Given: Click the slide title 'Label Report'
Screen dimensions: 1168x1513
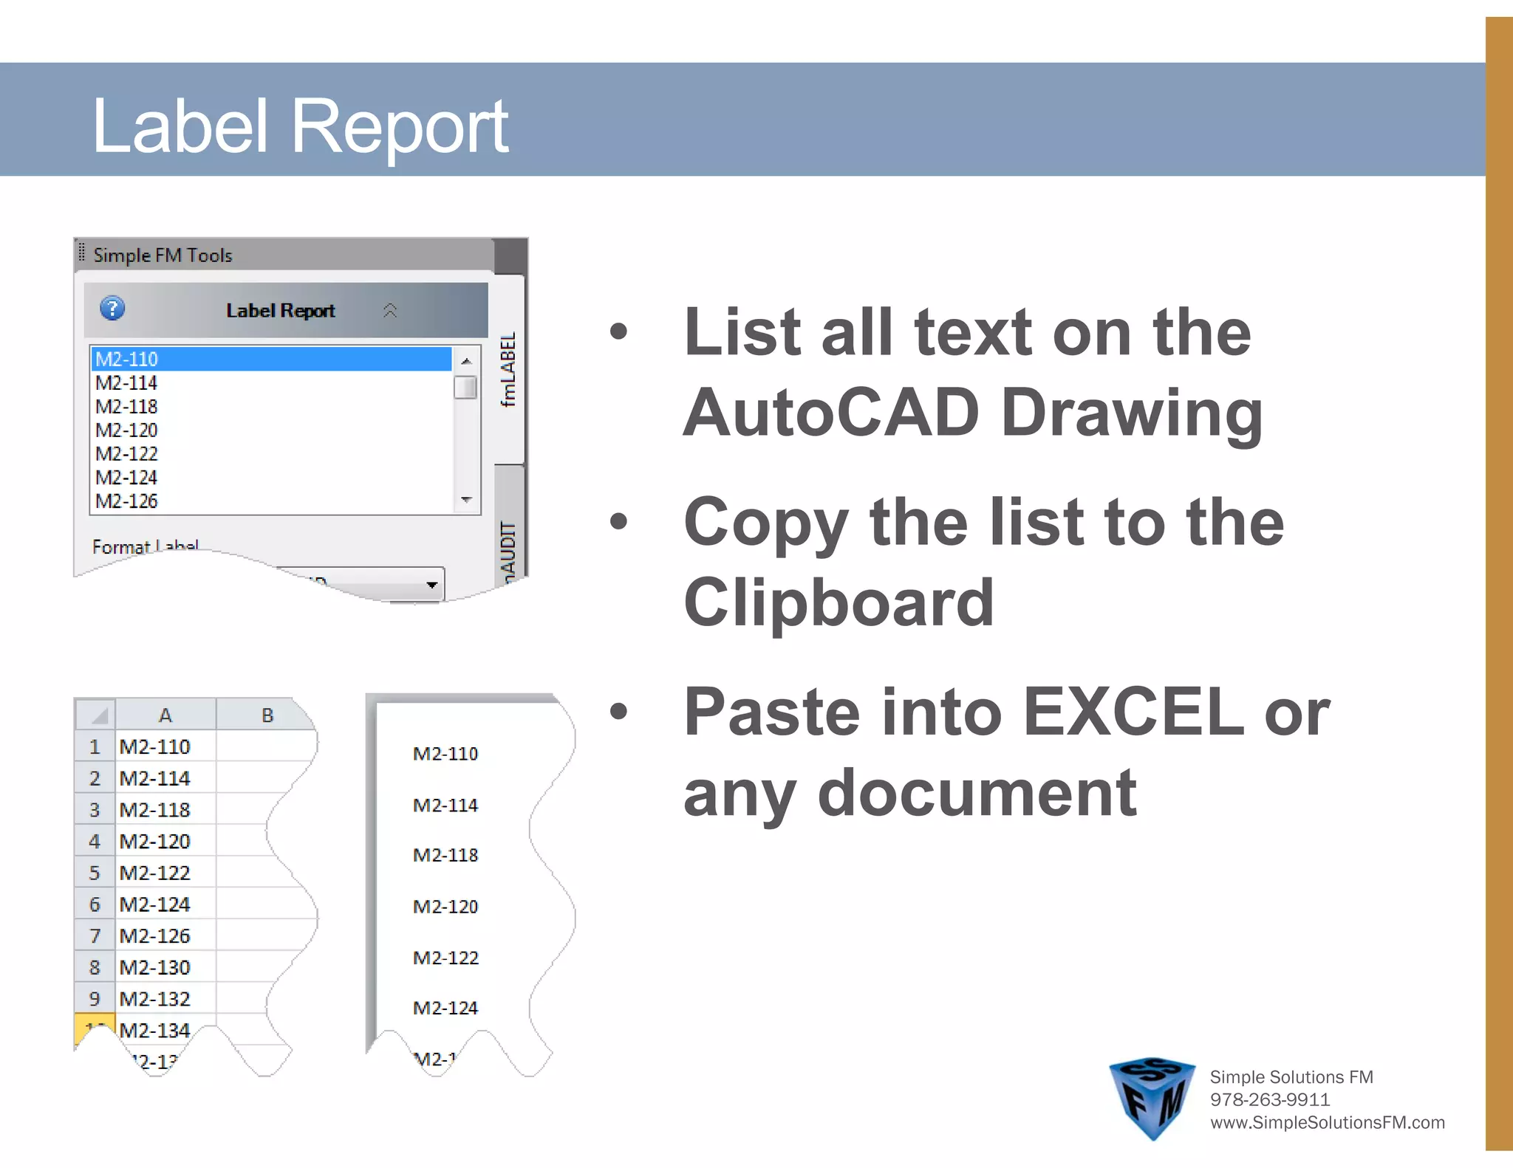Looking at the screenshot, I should click(x=299, y=126).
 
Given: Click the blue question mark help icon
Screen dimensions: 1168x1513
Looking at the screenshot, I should click(x=112, y=309).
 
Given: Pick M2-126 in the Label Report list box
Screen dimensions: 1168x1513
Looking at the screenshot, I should click(x=127, y=501).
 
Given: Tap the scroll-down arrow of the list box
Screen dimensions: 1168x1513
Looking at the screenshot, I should click(x=466, y=500).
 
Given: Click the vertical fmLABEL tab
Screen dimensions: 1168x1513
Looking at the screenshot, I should click(x=508, y=369).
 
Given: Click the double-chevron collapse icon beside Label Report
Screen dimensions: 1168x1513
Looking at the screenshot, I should click(x=390, y=311).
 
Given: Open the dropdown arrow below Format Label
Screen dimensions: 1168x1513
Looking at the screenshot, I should click(x=431, y=585).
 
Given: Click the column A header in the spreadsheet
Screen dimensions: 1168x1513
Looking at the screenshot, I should click(x=165, y=715).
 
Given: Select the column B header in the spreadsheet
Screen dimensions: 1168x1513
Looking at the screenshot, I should click(x=267, y=715).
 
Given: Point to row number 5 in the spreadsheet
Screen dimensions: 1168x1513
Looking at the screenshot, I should click(x=95, y=873).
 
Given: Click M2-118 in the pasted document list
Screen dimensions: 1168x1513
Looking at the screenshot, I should click(x=445, y=855).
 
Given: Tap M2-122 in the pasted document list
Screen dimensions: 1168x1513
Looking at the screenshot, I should click(x=445, y=958).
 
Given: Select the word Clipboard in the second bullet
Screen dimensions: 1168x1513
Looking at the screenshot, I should click(x=839, y=602).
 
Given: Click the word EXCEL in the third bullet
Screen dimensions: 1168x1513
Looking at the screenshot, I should click(x=1133, y=712).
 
